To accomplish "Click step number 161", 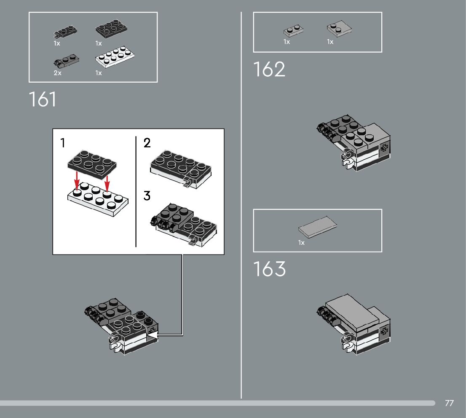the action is (x=43, y=99).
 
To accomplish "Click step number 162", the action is (x=269, y=70).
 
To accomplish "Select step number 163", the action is (x=269, y=269).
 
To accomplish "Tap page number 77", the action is (x=449, y=403).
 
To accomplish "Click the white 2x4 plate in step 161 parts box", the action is (x=115, y=57).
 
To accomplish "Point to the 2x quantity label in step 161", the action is (x=57, y=73).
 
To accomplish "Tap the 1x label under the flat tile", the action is (x=301, y=243).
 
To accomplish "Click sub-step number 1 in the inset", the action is (x=63, y=143).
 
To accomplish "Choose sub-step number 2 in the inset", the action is (x=147, y=143).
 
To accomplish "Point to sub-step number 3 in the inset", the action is (x=147, y=196).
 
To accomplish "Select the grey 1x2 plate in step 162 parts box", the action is (x=293, y=31).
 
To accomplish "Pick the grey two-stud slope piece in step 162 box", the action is (x=339, y=29).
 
